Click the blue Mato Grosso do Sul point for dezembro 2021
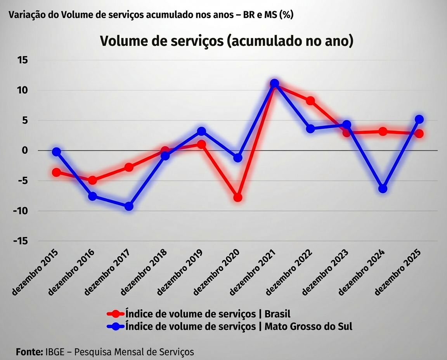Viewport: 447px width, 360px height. [x=274, y=83]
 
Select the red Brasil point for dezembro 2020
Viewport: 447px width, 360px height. [x=238, y=197]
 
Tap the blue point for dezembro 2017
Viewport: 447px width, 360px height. [x=129, y=206]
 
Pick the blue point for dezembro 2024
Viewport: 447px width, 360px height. [x=383, y=189]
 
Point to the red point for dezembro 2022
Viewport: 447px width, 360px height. [x=310, y=101]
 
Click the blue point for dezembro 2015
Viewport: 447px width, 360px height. [x=57, y=152]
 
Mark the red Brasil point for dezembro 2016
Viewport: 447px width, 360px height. [x=92, y=180]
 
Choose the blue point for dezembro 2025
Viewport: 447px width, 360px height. [x=419, y=119]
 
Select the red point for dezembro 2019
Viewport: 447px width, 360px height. [x=201, y=144]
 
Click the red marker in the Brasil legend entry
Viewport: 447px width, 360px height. [x=115, y=313]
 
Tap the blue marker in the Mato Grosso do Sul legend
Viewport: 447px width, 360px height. [x=115, y=326]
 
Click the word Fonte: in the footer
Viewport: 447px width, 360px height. [x=29, y=352]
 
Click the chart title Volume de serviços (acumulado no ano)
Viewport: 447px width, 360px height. [x=227, y=41]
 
